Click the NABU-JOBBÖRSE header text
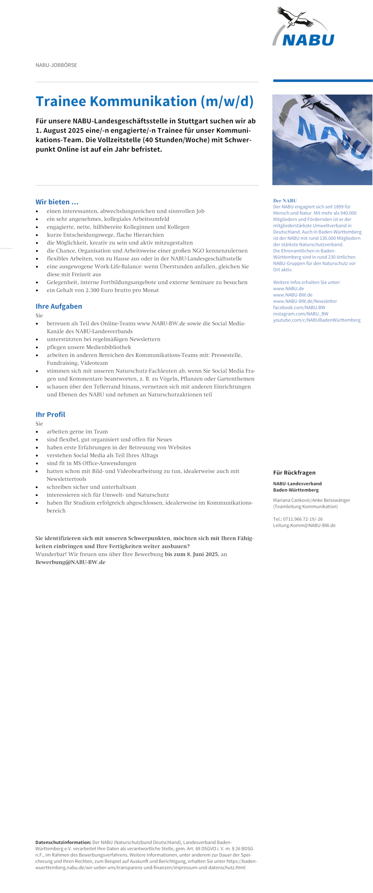pos(56,65)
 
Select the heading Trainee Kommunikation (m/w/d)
pos(144,101)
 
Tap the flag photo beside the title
pos(322,140)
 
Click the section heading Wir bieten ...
pos(57,202)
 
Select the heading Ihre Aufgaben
pos(59,306)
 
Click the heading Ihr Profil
pos(50,414)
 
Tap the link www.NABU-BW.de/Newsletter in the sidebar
pos(305,301)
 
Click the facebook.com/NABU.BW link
pos(299,308)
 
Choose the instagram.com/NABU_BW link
pos(301,314)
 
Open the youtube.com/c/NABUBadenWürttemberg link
pos(317,320)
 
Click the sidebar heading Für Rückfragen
pos(294,473)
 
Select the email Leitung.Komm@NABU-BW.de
pos(304,525)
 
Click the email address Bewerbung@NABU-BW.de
pos(70,562)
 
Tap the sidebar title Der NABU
pos(285,201)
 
